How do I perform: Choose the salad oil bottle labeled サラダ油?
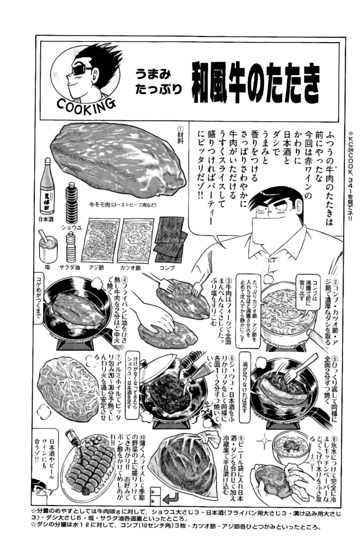(x=71, y=247)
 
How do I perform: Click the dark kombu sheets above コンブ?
(x=171, y=239)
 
